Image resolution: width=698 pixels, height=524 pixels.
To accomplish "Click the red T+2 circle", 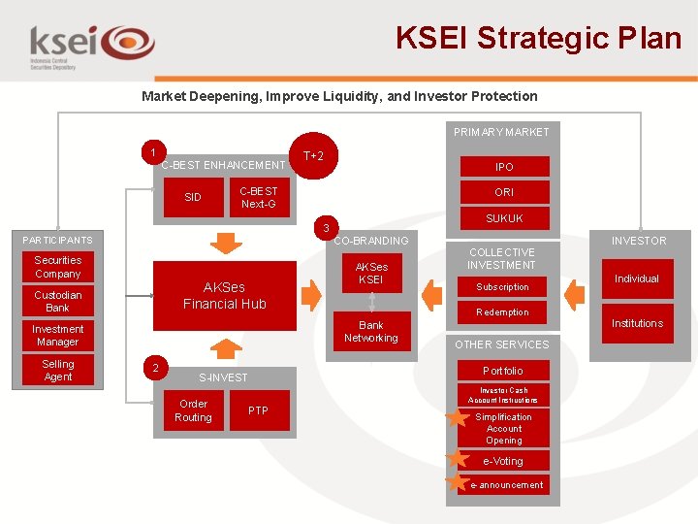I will tap(313, 156).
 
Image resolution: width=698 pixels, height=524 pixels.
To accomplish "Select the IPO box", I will tap(504, 167).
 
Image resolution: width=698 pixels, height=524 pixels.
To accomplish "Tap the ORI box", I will tap(504, 192).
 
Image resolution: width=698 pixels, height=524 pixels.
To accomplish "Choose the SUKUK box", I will tap(504, 218).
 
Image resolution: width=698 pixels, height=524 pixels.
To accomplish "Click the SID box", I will tap(193, 197).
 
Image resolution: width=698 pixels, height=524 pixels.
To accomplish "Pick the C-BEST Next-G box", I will tap(258, 197).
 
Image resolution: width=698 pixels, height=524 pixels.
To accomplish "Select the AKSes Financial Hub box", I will tap(224, 295).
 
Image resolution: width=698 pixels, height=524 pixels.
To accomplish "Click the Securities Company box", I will tap(58, 267).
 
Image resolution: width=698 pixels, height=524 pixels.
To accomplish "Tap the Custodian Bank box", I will tap(58, 301).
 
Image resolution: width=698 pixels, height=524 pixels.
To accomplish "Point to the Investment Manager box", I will tap(58, 336).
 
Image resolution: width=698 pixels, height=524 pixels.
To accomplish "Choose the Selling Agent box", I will tap(58, 370).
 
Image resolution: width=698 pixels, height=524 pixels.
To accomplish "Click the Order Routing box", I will tap(193, 410).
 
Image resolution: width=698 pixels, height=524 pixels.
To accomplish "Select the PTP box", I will tap(258, 410).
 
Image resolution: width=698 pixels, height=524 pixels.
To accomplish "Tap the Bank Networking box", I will tap(371, 332).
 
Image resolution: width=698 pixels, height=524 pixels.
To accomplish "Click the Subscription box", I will tap(502, 287).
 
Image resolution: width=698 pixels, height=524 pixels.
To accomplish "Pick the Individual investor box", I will tap(637, 278).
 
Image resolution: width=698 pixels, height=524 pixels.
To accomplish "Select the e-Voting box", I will tap(502, 461).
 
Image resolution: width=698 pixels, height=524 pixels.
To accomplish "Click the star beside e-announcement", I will tap(457, 481).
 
